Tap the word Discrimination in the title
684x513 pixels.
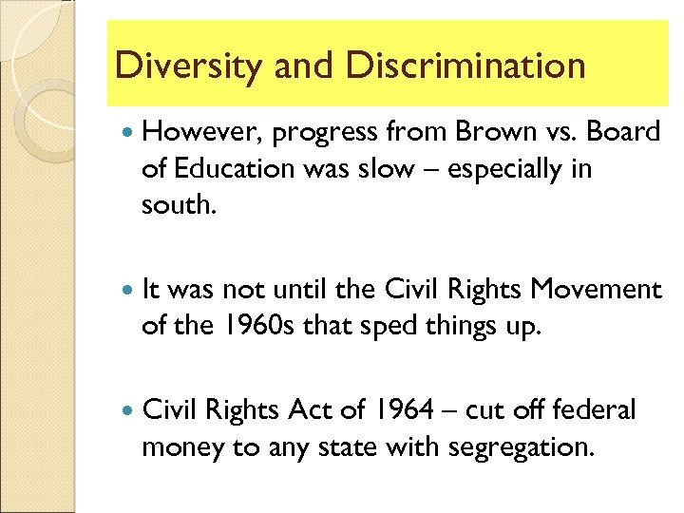465,66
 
